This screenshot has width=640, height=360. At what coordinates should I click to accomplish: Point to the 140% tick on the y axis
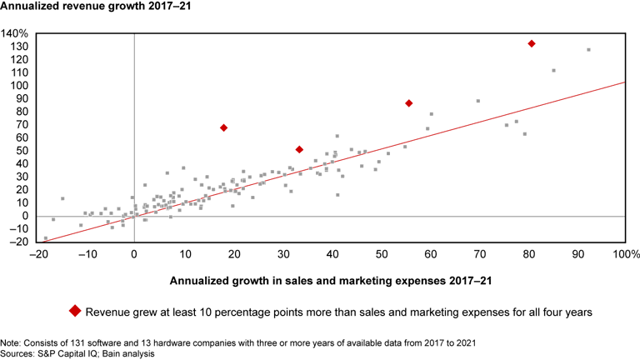pyautogui.click(x=16, y=33)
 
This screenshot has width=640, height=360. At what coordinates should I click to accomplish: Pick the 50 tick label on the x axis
pyautogui.click(x=381, y=254)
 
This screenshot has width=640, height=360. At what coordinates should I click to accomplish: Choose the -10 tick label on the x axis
pyautogui.click(x=85, y=254)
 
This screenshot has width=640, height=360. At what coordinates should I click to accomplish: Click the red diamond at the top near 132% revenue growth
pyautogui.click(x=532, y=43)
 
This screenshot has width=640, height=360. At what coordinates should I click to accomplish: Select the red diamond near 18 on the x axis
pyautogui.click(x=223, y=127)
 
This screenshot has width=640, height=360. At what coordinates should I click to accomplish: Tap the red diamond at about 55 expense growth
pyautogui.click(x=409, y=103)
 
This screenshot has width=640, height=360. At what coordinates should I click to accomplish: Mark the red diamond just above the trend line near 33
pyautogui.click(x=299, y=149)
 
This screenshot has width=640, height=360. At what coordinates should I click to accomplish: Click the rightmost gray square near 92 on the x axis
pyautogui.click(x=588, y=50)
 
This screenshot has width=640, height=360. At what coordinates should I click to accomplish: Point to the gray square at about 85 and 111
pyautogui.click(x=553, y=71)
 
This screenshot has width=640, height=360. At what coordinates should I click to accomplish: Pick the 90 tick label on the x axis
pyautogui.click(x=577, y=254)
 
